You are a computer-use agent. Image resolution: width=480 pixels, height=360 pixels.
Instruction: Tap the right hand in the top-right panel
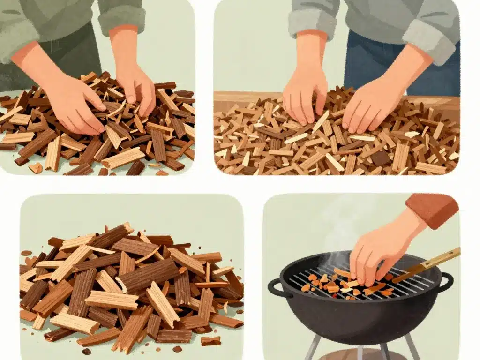(x=370, y=105)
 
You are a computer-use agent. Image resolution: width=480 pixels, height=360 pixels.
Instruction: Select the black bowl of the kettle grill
(x=361, y=314)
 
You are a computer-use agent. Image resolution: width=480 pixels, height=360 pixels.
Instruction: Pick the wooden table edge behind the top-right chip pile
(x=244, y=98)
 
